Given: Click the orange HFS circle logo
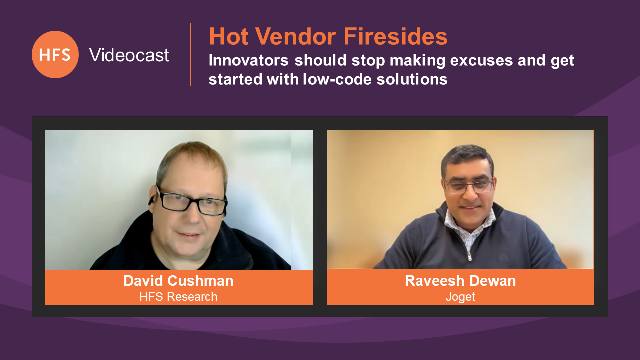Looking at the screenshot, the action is click(x=55, y=54).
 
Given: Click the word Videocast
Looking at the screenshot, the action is click(x=129, y=55).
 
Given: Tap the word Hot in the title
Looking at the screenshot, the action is click(x=229, y=37).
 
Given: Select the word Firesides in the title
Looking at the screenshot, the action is click(x=395, y=37).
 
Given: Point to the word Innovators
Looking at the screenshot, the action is click(x=249, y=60).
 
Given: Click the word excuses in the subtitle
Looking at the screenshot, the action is click(x=481, y=60).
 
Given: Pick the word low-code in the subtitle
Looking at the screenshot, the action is click(x=337, y=79).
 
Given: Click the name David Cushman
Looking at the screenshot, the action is click(x=178, y=281).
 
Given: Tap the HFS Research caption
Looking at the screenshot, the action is click(x=178, y=297).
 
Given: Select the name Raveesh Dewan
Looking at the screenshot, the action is click(x=460, y=281).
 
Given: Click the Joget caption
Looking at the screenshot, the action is click(x=460, y=297).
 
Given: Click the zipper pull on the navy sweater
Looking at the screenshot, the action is click(x=469, y=256).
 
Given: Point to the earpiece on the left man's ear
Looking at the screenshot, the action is click(x=151, y=200).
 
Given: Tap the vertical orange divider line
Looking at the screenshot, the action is click(x=191, y=55).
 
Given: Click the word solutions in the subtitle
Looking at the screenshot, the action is click(x=412, y=79).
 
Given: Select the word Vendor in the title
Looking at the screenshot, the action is click(x=295, y=37).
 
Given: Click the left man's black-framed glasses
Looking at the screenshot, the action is click(x=191, y=201).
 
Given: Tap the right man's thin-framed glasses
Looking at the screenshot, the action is click(x=469, y=187).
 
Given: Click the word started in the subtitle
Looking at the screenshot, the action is click(x=235, y=79).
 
